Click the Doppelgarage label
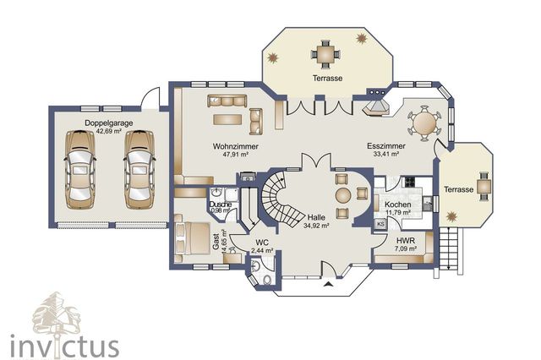(x=109, y=123)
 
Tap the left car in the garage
(x=80, y=170)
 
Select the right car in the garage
(x=139, y=170)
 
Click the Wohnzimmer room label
(x=235, y=146)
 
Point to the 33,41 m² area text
(x=386, y=154)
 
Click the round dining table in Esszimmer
(x=424, y=123)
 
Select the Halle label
(x=316, y=217)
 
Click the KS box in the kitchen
(x=381, y=224)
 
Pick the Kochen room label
(x=398, y=205)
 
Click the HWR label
(x=406, y=241)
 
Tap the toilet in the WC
(x=267, y=280)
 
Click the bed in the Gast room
(x=193, y=238)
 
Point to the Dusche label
(x=220, y=205)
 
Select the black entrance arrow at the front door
(x=329, y=284)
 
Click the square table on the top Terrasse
(x=325, y=54)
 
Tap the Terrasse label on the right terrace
(x=458, y=189)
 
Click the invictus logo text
(x=64, y=346)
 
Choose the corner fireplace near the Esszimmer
(x=375, y=107)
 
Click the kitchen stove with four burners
(x=410, y=182)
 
